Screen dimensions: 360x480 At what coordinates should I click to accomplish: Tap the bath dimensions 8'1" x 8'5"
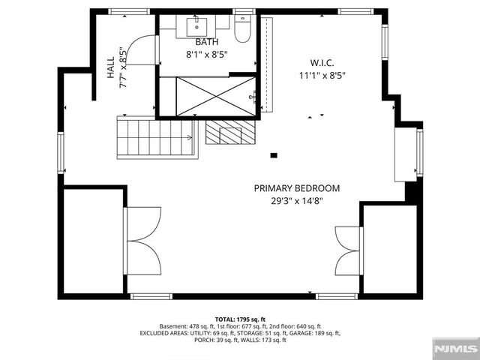[x=206, y=54]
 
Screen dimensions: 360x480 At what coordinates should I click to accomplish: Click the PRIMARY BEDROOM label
[x=296, y=188]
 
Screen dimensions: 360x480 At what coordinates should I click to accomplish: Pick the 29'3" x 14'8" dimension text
[x=296, y=200]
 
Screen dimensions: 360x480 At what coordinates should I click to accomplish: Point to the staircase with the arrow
[x=154, y=136]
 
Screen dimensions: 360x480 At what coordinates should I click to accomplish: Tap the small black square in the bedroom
[x=274, y=156]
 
